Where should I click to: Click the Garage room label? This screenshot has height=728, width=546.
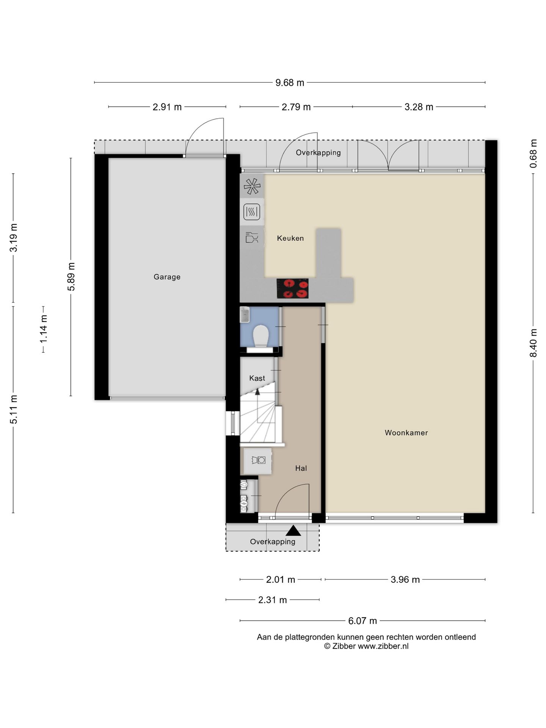(x=167, y=277)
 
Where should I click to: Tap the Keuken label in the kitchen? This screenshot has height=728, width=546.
(x=290, y=238)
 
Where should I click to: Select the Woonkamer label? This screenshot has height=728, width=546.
(x=406, y=433)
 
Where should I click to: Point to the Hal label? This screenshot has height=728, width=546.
(x=301, y=468)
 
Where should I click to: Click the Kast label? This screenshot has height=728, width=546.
(x=257, y=378)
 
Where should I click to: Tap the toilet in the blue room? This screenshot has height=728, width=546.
(x=260, y=336)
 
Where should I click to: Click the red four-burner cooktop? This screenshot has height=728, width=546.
(x=292, y=289)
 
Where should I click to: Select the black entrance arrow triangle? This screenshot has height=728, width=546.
(x=293, y=530)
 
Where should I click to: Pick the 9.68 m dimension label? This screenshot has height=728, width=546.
(x=290, y=83)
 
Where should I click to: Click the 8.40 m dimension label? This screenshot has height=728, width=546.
(x=533, y=343)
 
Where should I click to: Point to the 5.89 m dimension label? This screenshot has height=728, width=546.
(x=71, y=276)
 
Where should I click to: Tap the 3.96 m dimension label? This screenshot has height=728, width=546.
(x=405, y=579)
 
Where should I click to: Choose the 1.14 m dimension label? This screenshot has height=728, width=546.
(x=44, y=329)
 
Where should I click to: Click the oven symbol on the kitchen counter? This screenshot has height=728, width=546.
(x=252, y=212)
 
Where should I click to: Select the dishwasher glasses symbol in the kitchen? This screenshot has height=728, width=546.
(x=252, y=237)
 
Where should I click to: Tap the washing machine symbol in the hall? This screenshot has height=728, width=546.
(x=258, y=460)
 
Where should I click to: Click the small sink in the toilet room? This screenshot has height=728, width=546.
(x=245, y=315)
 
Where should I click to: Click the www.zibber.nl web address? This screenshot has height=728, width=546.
(x=383, y=646)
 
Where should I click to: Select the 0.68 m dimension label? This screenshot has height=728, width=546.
(x=533, y=154)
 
